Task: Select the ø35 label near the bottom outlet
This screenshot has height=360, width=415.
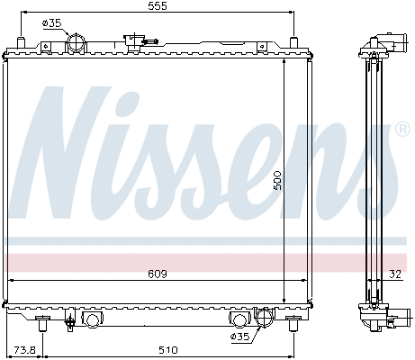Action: tap(241, 337)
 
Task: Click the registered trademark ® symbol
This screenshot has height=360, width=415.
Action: tap(402, 130)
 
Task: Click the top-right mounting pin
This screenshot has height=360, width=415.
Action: tap(293, 40)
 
